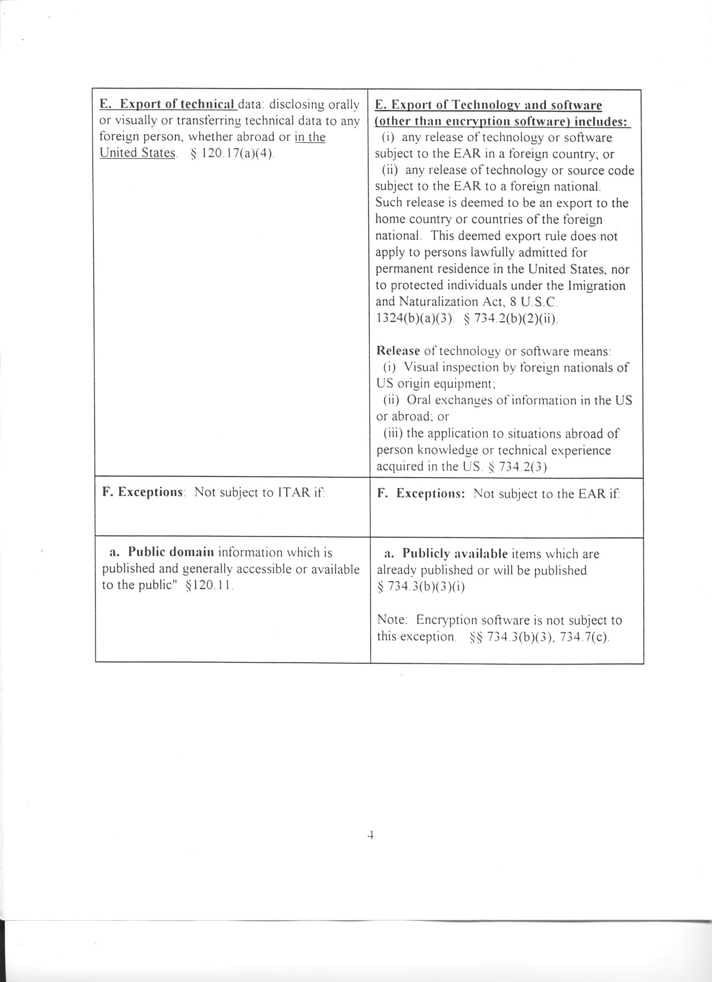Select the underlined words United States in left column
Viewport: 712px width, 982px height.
(x=137, y=153)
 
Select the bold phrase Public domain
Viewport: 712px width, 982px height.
(x=171, y=553)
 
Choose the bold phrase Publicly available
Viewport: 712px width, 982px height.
(x=455, y=554)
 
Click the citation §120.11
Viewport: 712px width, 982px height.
(x=209, y=585)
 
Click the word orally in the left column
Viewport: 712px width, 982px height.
(x=344, y=105)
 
